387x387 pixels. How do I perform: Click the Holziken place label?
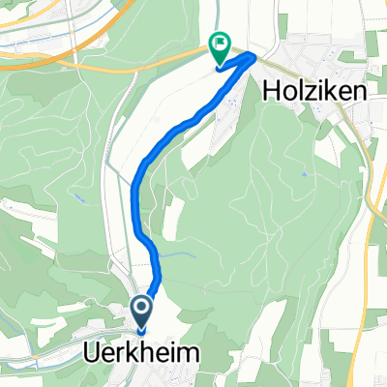[x=312, y=91]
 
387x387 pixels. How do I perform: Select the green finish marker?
[x=220, y=45]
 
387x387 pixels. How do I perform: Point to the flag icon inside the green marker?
[x=220, y=43]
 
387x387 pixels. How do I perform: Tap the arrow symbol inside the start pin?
[x=142, y=310]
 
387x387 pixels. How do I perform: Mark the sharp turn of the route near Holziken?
[x=253, y=57]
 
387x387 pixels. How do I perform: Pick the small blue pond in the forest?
[x=303, y=175]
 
